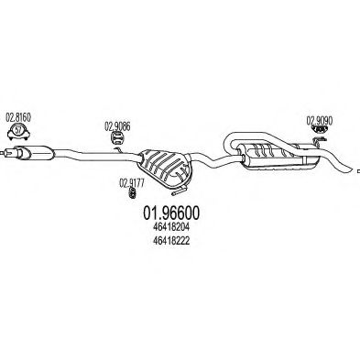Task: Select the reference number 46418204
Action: (170, 228)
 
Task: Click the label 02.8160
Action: (18, 118)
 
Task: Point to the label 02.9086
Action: (116, 125)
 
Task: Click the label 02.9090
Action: (318, 119)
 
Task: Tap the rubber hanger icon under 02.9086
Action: (118, 138)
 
